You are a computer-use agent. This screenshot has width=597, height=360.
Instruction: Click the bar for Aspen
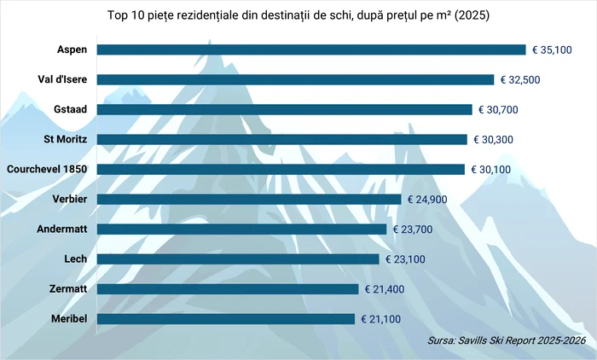(311, 49)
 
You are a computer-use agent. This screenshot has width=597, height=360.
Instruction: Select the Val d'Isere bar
(295, 79)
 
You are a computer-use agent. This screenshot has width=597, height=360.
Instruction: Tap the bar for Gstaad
(284, 109)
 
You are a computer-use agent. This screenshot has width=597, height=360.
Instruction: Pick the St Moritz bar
(282, 139)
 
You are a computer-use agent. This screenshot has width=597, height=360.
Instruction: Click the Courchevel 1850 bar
(281, 169)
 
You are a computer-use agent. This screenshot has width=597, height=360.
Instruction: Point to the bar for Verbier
(249, 199)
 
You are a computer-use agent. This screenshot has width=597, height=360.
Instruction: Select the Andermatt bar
(241, 229)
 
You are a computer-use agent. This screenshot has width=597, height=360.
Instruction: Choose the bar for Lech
(238, 258)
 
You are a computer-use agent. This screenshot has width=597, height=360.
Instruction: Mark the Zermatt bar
(228, 288)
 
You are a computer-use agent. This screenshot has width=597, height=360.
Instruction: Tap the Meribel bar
(225, 318)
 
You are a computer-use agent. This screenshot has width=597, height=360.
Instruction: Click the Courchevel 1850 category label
(48, 169)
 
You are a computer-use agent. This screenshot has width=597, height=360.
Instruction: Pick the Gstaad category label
(72, 109)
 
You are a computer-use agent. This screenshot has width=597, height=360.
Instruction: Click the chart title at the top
(298, 16)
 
